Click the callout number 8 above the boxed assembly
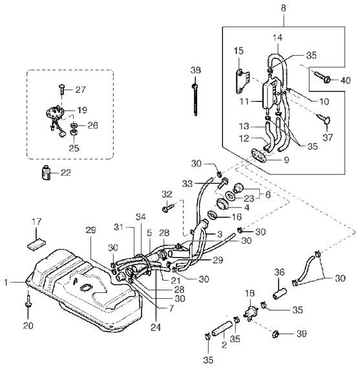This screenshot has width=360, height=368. [x=283, y=8]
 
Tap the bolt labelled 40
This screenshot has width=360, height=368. [x=323, y=77]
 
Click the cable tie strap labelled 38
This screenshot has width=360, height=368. [x=195, y=100]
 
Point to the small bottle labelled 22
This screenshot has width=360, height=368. [x=46, y=173]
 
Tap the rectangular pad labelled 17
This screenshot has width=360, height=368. [x=36, y=244]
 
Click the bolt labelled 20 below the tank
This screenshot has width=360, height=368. [x=28, y=301]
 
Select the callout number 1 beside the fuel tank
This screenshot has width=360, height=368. [x=6, y=283]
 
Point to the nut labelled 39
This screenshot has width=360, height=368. [x=275, y=334]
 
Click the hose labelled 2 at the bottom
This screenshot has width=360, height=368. [x=222, y=329]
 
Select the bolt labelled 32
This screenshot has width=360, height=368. [x=168, y=208]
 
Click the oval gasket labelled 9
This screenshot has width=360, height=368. [x=259, y=155]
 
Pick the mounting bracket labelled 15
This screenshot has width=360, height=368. [x=242, y=81]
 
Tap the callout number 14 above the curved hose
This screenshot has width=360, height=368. [x=278, y=38]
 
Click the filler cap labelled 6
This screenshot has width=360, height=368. [x=238, y=188]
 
